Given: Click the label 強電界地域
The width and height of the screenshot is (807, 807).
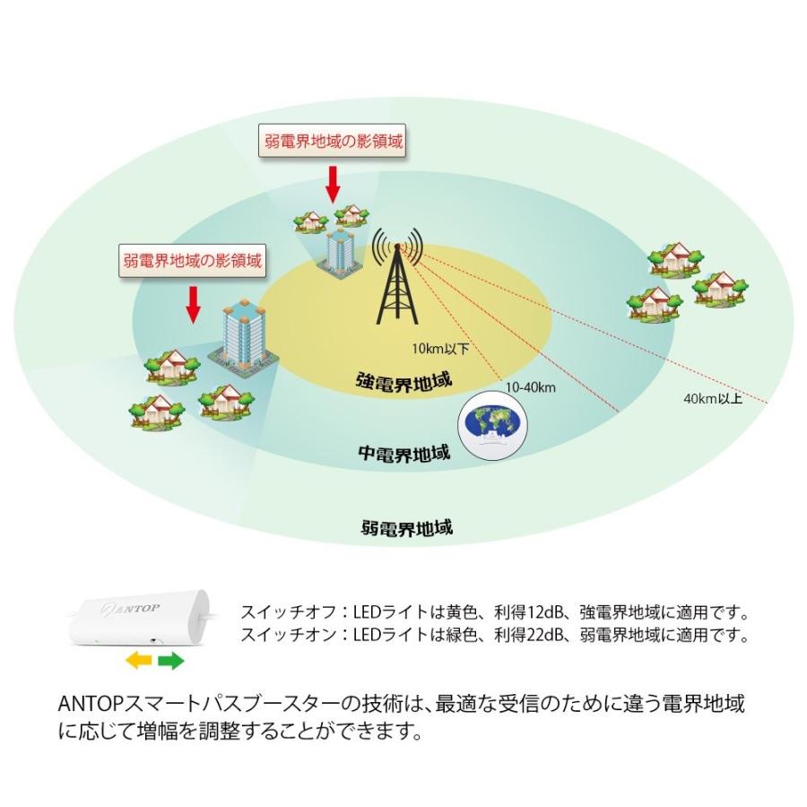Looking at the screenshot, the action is point(403,382).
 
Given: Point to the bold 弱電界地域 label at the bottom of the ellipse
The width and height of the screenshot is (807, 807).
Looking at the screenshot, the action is point(406,528).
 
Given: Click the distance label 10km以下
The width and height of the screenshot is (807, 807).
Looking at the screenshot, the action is point(440,349).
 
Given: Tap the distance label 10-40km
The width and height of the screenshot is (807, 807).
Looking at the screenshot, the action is point(531,387).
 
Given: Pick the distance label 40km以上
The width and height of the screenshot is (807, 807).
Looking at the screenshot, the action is point(713,398).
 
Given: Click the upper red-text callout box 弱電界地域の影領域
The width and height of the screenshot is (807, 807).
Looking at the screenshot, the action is point(333,141).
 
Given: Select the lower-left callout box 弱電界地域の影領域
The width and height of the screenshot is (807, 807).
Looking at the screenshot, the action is point(193,260).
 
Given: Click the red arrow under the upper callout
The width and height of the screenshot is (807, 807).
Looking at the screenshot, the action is point(334,184).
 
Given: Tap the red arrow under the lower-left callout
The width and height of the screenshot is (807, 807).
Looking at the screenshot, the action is point(193,305).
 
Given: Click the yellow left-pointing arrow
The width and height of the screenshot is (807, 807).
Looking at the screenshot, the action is point(139,660).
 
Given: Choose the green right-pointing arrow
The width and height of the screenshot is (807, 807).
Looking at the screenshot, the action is point(171,660).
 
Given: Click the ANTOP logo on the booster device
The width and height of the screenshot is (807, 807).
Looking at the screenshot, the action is point(130,609).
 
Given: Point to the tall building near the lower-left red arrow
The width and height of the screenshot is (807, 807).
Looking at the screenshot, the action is point(243,337).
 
